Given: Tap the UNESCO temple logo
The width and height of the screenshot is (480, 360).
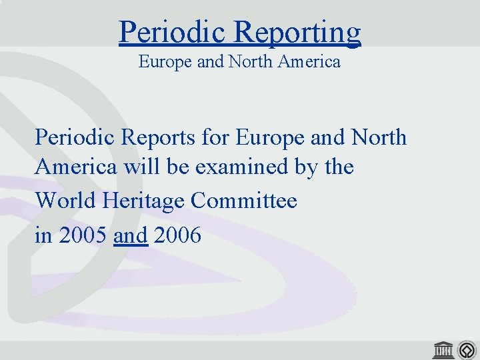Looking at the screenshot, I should click(443, 348).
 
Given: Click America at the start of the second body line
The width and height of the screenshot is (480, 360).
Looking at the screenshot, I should click(77, 167).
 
